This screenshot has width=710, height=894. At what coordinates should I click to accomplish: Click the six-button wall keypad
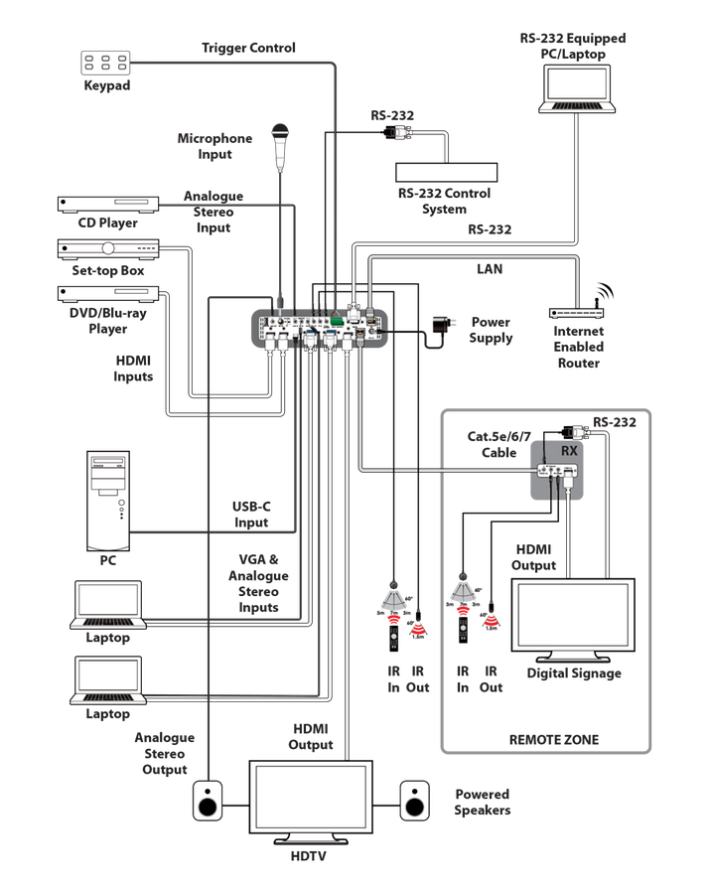click(106, 63)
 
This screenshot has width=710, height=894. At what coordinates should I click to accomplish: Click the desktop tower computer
click(109, 501)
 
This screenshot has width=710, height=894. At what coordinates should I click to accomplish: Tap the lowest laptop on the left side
click(109, 679)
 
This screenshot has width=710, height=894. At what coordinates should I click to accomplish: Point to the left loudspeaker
click(210, 801)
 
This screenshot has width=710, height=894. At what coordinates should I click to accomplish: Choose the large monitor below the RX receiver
click(574, 620)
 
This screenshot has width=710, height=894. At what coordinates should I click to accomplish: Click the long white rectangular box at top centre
click(447, 172)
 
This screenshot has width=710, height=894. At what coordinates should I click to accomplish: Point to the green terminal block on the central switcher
click(340, 322)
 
